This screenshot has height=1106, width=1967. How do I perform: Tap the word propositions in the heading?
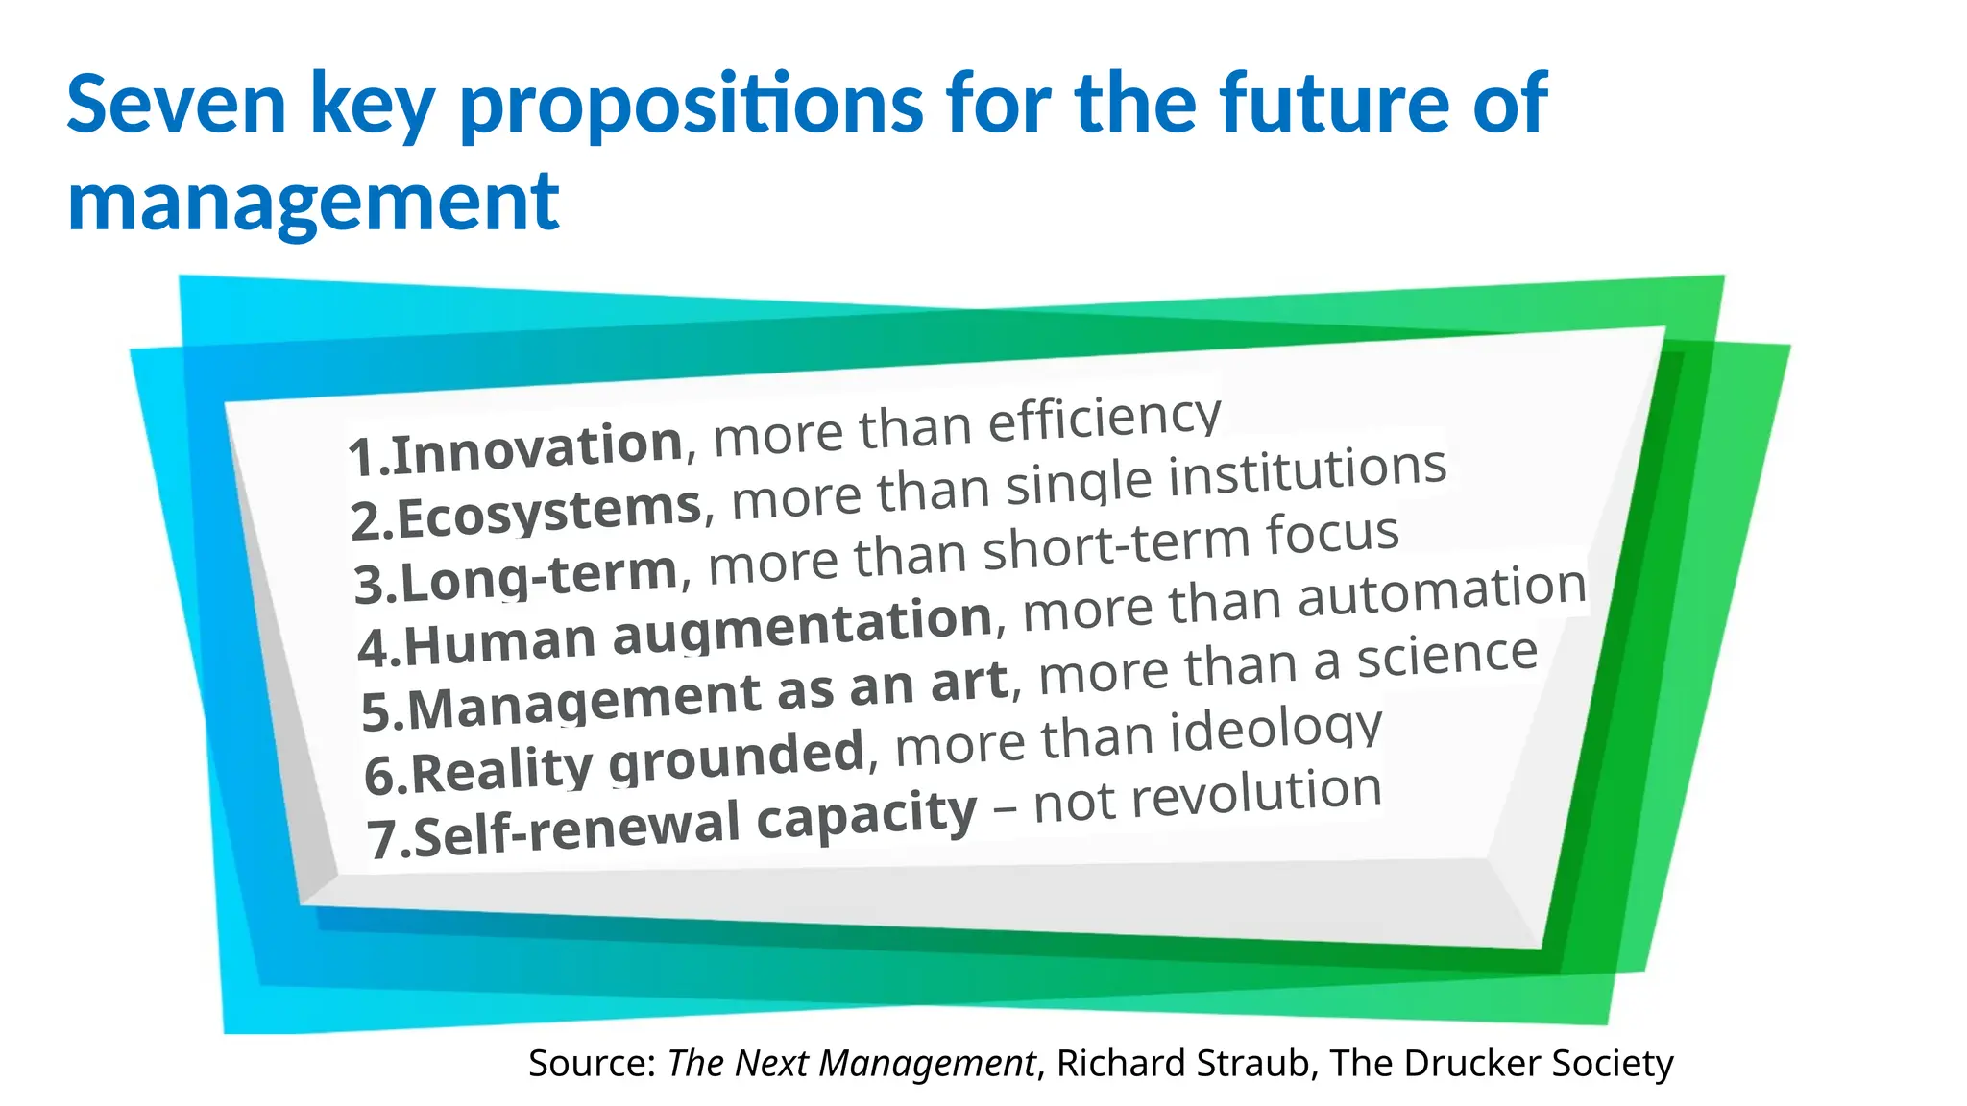(x=692, y=106)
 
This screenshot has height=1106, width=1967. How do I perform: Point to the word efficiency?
(x=1105, y=420)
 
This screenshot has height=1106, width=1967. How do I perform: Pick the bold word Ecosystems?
(x=549, y=512)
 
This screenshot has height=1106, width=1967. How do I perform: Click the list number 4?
(x=371, y=650)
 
